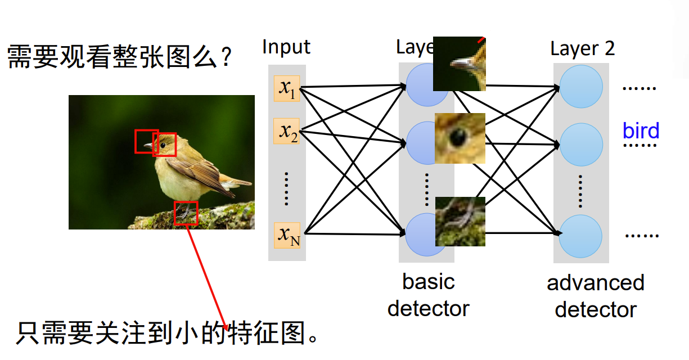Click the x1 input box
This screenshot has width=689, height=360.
pyautogui.click(x=287, y=88)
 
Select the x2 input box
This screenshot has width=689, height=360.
pyautogui.click(x=287, y=131)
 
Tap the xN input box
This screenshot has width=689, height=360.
pyautogui.click(x=287, y=235)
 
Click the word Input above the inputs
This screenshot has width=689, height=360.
pyautogui.click(x=286, y=47)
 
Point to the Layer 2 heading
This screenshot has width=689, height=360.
pyautogui.click(x=582, y=49)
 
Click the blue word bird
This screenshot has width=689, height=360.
pyautogui.click(x=641, y=131)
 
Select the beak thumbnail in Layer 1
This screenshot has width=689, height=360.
pyautogui.click(x=459, y=64)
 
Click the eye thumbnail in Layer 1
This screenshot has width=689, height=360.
pyautogui.click(x=460, y=138)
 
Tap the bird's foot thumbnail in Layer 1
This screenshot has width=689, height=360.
pyautogui.click(x=460, y=221)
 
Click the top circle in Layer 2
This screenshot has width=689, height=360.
pyautogui.click(x=581, y=87)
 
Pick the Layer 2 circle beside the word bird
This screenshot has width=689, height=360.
pyautogui.click(x=581, y=145)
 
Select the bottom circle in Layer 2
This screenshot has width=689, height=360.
pyautogui.click(x=581, y=236)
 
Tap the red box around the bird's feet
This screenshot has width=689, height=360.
pyautogui.click(x=186, y=213)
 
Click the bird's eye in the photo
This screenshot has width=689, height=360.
pyautogui.click(x=163, y=145)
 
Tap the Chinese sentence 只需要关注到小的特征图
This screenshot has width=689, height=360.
pyautogui.click(x=169, y=334)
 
